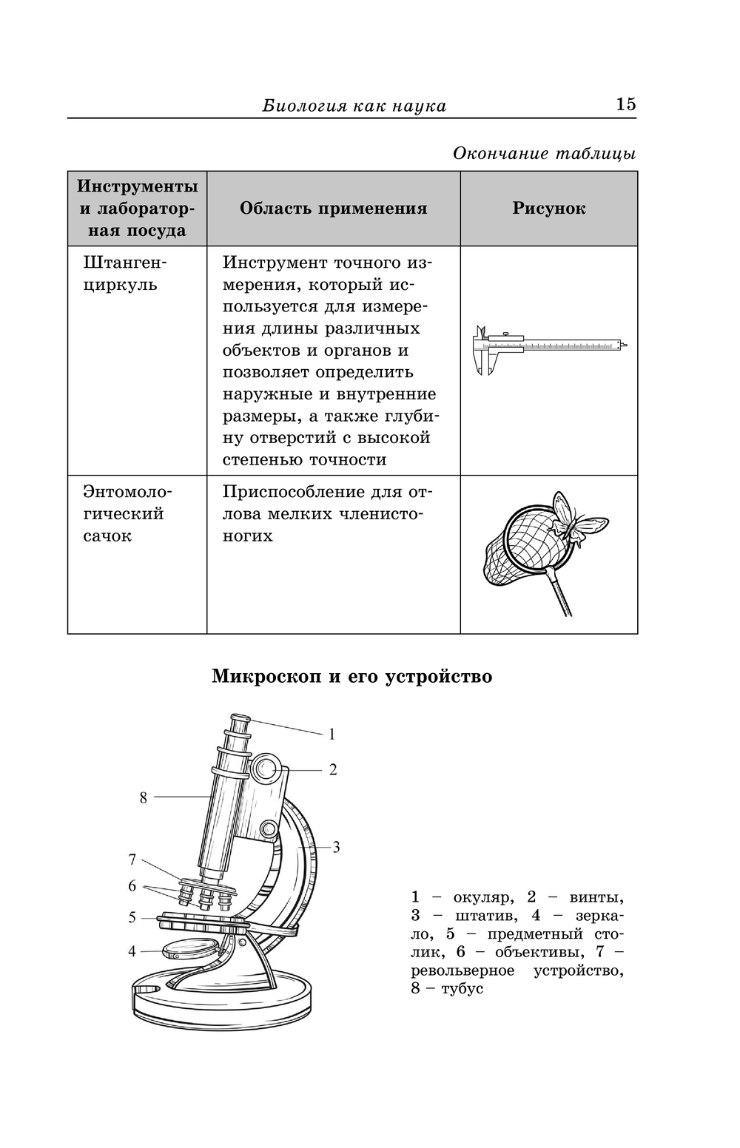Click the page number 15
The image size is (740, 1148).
(x=625, y=104)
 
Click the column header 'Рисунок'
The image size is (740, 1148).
(x=548, y=209)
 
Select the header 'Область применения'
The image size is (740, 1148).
(x=333, y=209)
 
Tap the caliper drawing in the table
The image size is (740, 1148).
(x=549, y=348)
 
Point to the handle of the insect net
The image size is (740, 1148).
(x=560, y=592)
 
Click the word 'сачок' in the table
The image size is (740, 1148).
(x=107, y=536)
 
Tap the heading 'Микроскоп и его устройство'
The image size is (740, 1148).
(x=351, y=676)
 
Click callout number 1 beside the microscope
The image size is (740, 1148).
(x=332, y=735)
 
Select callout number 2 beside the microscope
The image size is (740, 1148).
(x=333, y=770)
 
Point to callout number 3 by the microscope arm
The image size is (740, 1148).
(x=336, y=848)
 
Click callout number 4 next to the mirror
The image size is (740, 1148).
(x=132, y=951)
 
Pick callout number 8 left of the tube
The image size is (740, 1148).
(x=144, y=797)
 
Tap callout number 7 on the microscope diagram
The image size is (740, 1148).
(x=132, y=860)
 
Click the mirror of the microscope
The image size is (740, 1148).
(x=189, y=948)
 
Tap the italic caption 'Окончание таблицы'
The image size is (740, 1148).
(x=544, y=154)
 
